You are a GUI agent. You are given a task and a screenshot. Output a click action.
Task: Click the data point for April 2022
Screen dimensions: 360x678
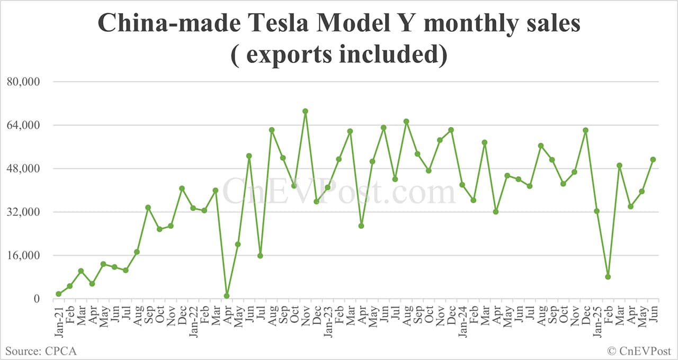tap(227, 296)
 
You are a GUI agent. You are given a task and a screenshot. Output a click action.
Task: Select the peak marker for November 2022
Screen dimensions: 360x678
tap(305, 111)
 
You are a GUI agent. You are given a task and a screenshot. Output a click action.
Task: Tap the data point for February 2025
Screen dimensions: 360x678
tap(608, 277)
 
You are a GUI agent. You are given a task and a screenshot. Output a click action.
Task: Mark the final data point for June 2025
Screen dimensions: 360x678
tap(653, 159)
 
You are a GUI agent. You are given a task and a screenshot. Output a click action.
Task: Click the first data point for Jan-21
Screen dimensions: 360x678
tap(58, 294)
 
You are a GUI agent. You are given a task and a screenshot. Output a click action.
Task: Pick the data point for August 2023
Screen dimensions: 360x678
tap(406, 121)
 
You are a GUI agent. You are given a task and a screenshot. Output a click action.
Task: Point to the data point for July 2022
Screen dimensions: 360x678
tap(260, 256)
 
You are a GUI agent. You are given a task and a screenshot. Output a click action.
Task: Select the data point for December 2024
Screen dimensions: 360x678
tap(585, 130)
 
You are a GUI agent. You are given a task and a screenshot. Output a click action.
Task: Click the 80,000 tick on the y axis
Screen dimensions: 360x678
tap(23, 82)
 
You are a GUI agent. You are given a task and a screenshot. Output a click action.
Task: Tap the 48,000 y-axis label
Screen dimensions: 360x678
tap(23, 169)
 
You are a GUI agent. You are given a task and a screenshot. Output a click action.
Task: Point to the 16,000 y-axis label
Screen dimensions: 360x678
tap(23, 256)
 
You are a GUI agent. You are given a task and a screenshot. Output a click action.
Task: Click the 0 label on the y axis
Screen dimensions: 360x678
tap(37, 299)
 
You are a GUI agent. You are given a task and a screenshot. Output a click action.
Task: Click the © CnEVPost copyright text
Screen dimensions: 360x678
tap(639, 350)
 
